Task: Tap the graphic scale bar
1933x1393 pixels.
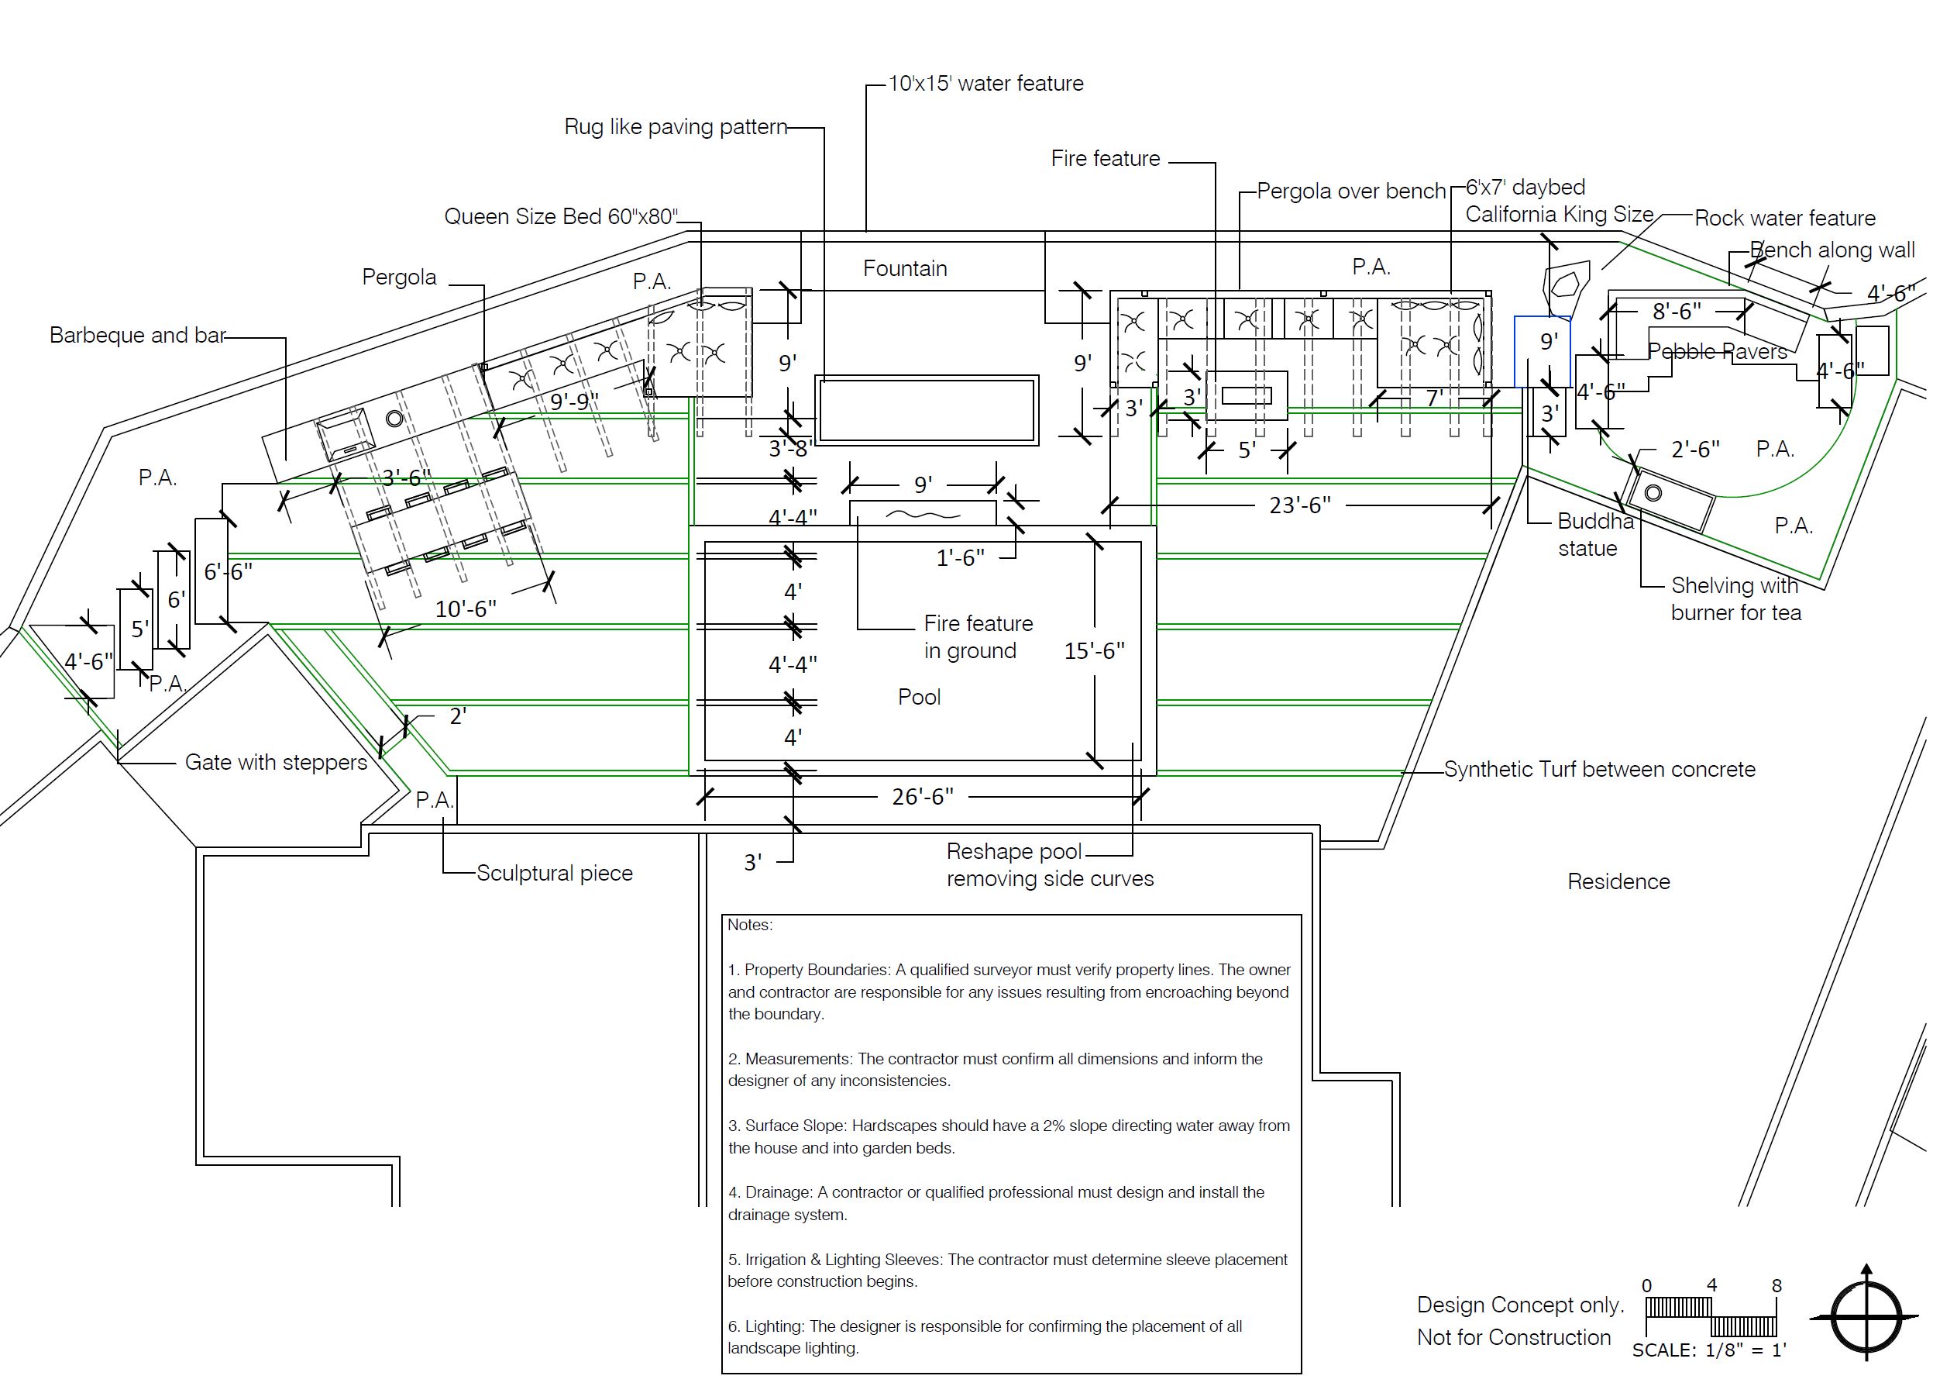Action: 1711,1316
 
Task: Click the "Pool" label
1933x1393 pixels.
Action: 919,698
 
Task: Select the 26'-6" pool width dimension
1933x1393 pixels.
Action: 922,796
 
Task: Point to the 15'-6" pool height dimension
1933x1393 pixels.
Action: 1095,651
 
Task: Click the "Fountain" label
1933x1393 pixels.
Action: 905,268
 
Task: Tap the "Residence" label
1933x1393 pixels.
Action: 1618,881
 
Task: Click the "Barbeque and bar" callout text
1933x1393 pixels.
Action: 137,335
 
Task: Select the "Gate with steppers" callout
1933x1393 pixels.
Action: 276,762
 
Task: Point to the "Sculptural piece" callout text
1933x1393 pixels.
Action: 554,873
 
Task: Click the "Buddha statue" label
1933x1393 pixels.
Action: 1594,535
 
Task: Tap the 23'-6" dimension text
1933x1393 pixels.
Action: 1300,505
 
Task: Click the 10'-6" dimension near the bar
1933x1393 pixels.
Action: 466,609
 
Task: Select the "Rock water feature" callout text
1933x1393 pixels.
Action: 1785,219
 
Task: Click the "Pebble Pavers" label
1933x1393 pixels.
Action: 1718,351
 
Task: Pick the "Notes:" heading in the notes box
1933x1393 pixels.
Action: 750,925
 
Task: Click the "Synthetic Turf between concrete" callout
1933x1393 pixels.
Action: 1600,769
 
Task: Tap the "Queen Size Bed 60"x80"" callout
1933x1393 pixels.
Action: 561,216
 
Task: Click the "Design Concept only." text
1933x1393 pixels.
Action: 1521,1305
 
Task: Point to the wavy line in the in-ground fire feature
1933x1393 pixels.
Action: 923,514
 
